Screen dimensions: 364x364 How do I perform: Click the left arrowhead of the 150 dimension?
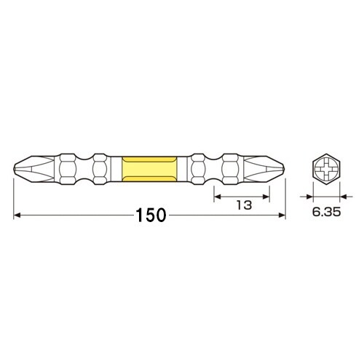click(18, 215)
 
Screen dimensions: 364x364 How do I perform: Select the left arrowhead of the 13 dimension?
click(216, 194)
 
